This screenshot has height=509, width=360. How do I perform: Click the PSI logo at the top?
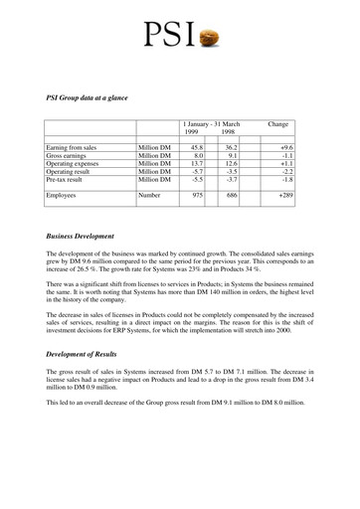point(180,35)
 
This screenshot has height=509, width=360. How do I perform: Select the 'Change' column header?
point(278,124)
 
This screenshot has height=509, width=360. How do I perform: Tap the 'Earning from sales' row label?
point(72,147)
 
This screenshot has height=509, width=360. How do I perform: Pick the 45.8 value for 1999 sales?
point(195,147)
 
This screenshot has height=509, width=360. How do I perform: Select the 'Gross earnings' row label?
point(69,156)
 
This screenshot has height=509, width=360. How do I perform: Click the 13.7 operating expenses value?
point(195,165)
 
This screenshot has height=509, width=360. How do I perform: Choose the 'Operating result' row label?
point(72,174)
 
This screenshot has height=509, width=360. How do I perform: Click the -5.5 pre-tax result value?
point(196,183)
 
